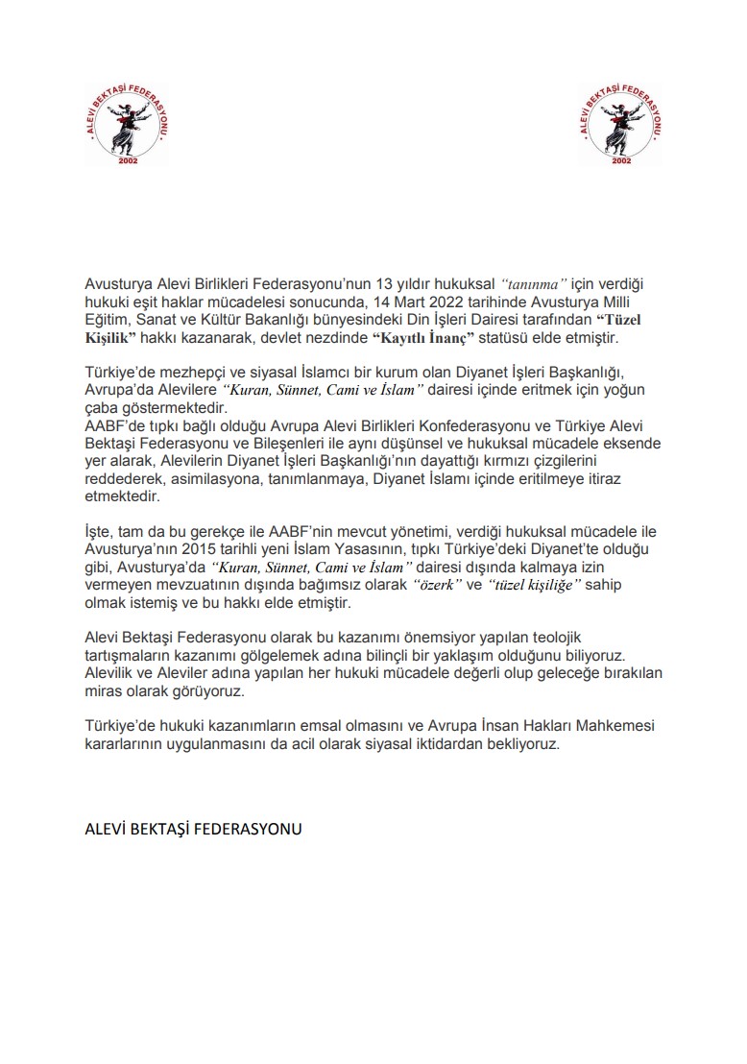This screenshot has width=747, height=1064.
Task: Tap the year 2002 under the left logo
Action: [x=127, y=160]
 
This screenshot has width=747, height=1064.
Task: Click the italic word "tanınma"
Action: [x=536, y=284]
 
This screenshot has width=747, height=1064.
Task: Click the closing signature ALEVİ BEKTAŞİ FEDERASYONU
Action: [x=193, y=829]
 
